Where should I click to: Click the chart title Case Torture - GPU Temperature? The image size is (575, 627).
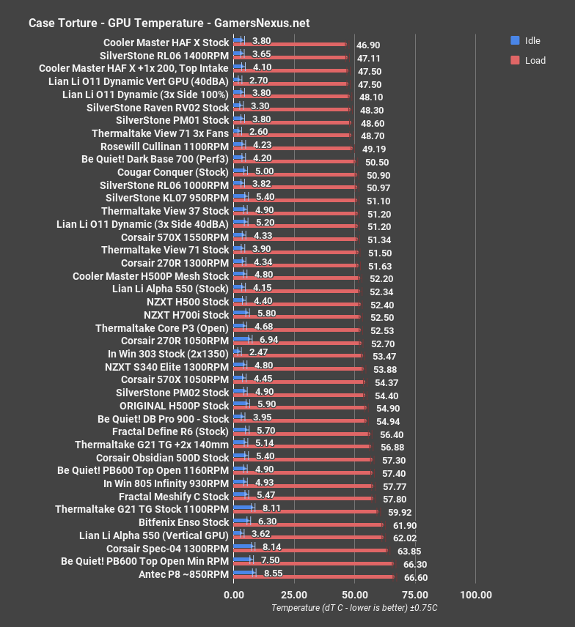tap(169, 23)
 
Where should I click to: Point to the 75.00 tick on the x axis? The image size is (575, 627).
tap(416, 593)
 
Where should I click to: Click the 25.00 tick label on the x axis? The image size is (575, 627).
tap(293, 593)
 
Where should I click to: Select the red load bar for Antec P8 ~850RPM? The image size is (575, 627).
tap(314, 577)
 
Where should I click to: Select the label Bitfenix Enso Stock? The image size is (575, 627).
tap(184, 522)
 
